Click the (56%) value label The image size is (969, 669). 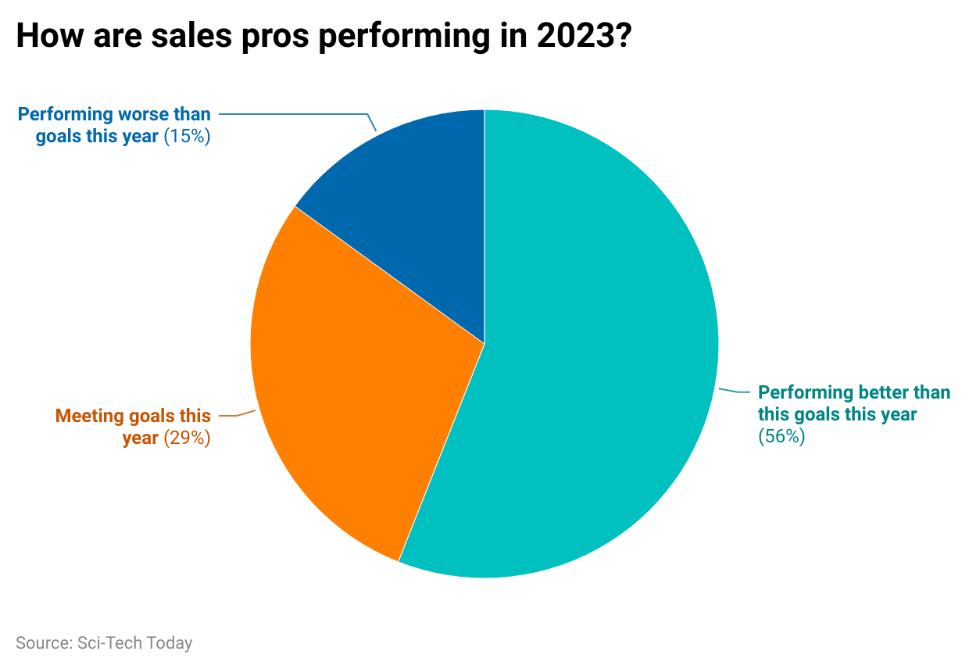click(x=781, y=437)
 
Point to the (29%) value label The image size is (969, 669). click(x=188, y=438)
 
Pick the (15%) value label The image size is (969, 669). click(x=188, y=137)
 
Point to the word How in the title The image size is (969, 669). click(x=45, y=37)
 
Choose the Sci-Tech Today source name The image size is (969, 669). click(x=134, y=643)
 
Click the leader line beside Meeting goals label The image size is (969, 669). click(x=238, y=414)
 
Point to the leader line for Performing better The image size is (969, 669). click(x=735, y=391)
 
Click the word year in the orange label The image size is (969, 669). click(x=141, y=438)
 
